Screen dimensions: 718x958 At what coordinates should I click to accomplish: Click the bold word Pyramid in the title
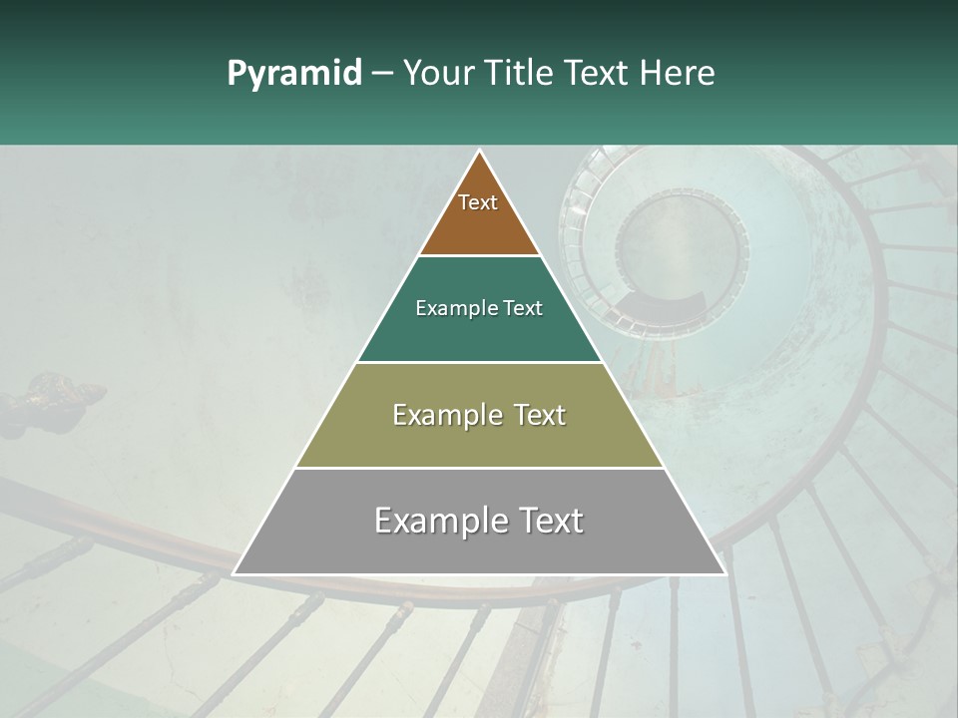click(x=293, y=73)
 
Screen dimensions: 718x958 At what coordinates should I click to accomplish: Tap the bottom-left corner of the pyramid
click(x=235, y=573)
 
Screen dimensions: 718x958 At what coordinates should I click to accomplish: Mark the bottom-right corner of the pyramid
click(x=724, y=573)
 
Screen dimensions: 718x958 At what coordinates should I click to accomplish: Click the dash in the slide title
click(x=381, y=73)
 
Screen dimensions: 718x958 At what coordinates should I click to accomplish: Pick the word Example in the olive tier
click(x=439, y=415)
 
